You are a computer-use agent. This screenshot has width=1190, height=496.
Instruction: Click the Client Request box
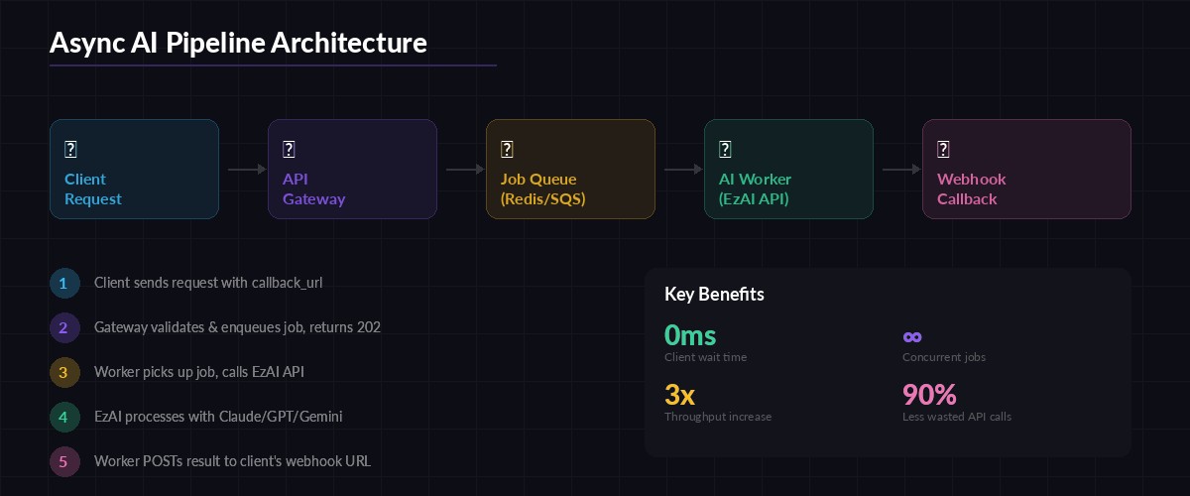tap(134, 169)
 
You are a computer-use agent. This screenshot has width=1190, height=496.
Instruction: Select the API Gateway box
tap(352, 169)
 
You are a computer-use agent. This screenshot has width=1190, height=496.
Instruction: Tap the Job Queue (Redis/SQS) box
tap(570, 169)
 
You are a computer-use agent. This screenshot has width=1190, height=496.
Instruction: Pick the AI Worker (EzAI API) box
tap(788, 169)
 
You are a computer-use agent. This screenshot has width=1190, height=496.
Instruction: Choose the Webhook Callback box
tap(1026, 169)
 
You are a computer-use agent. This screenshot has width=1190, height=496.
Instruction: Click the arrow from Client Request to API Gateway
tap(247, 170)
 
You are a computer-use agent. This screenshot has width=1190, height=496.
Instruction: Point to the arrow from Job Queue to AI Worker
tap(683, 170)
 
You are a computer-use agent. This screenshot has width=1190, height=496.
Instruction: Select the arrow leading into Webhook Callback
tap(901, 170)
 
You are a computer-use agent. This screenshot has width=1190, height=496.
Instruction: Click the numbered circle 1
tap(63, 283)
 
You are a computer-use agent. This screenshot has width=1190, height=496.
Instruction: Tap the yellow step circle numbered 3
tap(63, 372)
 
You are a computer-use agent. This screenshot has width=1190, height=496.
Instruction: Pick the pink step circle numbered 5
tap(63, 461)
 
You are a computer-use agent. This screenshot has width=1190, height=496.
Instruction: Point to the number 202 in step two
tap(369, 327)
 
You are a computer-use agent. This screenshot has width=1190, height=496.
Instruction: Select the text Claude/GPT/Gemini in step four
tap(281, 417)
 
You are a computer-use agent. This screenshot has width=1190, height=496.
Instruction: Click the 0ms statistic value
tap(690, 335)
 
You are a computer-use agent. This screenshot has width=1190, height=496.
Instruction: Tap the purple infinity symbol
tap(912, 336)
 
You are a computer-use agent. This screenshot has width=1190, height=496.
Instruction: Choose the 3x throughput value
tap(679, 395)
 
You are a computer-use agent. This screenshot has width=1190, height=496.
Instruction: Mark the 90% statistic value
tap(929, 395)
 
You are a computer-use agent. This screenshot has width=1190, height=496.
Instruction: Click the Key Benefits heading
tap(714, 295)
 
